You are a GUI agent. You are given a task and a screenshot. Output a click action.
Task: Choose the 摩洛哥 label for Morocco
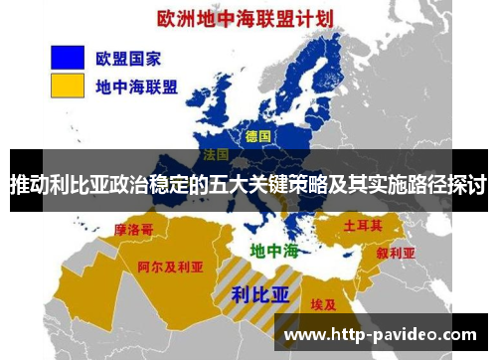point(134,230)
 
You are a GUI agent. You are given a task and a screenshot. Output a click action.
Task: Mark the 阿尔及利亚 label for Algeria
point(170,267)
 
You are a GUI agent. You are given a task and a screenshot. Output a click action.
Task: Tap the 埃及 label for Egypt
point(324,303)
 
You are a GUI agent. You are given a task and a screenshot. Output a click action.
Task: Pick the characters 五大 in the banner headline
point(230,185)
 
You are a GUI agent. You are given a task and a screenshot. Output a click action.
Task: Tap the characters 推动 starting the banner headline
point(30,185)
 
